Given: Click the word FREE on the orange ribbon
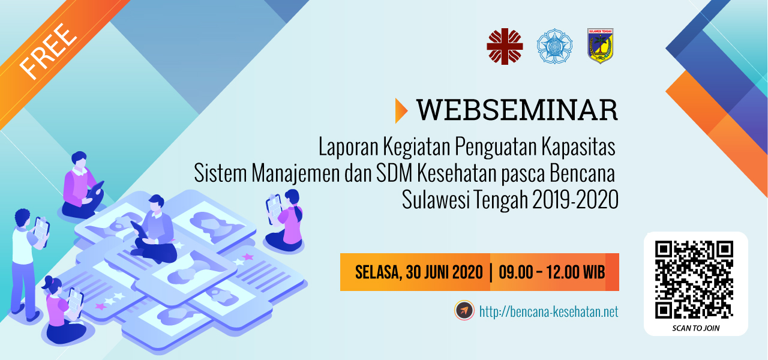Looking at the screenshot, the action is [x=48, y=52].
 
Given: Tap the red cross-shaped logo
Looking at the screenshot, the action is [x=505, y=47].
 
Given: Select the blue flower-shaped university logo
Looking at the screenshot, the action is [x=554, y=46].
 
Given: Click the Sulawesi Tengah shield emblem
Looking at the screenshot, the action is [x=601, y=46].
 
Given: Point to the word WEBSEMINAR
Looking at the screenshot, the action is [x=517, y=110].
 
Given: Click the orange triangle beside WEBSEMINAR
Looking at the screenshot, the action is [x=401, y=110].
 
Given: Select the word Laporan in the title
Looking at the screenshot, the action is [x=349, y=147].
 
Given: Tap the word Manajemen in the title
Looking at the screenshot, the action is [x=296, y=173].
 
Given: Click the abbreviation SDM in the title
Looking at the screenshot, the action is [x=394, y=173].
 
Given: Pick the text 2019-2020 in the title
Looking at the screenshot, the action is [x=575, y=200].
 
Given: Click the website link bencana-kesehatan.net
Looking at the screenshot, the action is [x=548, y=311].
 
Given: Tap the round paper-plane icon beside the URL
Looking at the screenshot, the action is [x=464, y=311].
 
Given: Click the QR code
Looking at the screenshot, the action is [x=694, y=280].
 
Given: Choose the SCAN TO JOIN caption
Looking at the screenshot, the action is [x=695, y=328].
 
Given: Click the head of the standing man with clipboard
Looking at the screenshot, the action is [x=22, y=217].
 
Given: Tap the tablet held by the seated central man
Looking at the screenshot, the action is [x=139, y=230].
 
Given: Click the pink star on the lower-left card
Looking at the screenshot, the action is [x=101, y=306].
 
